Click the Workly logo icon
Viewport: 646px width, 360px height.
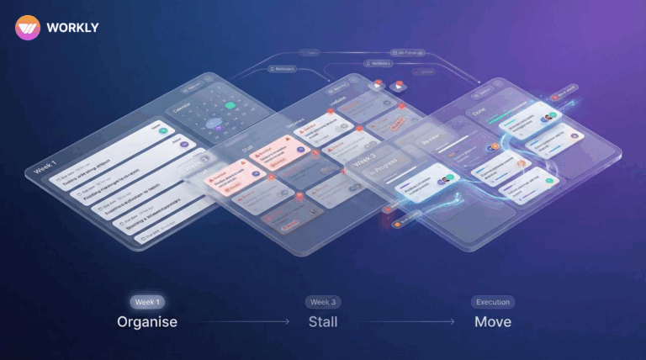point(28,28)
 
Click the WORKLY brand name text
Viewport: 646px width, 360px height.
point(74,28)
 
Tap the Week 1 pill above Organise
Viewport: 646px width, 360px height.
point(146,302)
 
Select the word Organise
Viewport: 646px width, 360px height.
point(146,321)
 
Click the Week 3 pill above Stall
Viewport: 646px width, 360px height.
point(324,302)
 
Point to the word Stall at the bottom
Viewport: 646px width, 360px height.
point(324,321)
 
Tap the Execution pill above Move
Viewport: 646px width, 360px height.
point(493,302)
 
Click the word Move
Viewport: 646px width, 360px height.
point(493,321)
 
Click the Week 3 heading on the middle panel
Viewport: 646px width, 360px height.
point(368,161)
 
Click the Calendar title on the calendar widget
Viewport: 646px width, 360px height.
point(180,109)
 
